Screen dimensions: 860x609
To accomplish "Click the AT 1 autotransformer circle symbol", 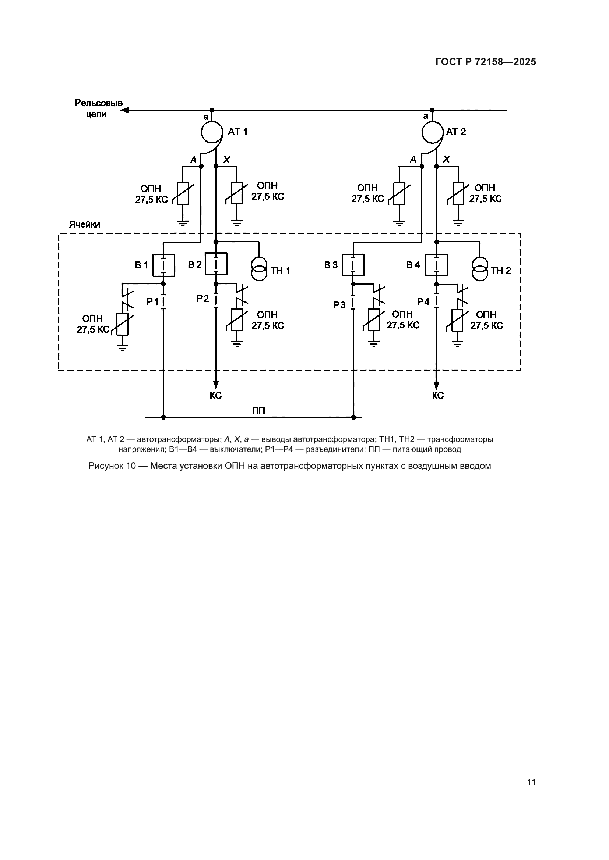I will point(211,131).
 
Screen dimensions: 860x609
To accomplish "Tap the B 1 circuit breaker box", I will point(163,265).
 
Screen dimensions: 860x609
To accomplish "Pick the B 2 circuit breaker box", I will point(216,264).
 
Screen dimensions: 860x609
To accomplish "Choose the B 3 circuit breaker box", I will point(353,265).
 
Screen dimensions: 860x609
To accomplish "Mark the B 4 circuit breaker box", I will point(436,265).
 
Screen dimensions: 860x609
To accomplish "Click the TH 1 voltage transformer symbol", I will point(259,268).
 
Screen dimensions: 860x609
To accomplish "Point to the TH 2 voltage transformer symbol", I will point(480,268).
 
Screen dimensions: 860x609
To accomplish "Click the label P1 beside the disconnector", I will point(153,302).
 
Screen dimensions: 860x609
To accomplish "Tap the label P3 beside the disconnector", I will point(339,305).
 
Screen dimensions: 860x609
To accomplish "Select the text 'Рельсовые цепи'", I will point(98,108).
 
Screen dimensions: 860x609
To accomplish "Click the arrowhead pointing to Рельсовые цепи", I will point(124,110).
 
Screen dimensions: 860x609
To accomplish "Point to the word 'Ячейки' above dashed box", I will point(84,224).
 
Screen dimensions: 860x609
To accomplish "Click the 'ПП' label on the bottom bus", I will point(258,411).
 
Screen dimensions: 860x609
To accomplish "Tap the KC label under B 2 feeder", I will point(216,396).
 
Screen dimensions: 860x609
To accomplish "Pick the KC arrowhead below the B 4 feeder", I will point(436,385).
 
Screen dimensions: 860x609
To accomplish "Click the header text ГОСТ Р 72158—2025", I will point(486,62).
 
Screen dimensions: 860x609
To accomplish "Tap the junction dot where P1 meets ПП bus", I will point(163,417).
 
